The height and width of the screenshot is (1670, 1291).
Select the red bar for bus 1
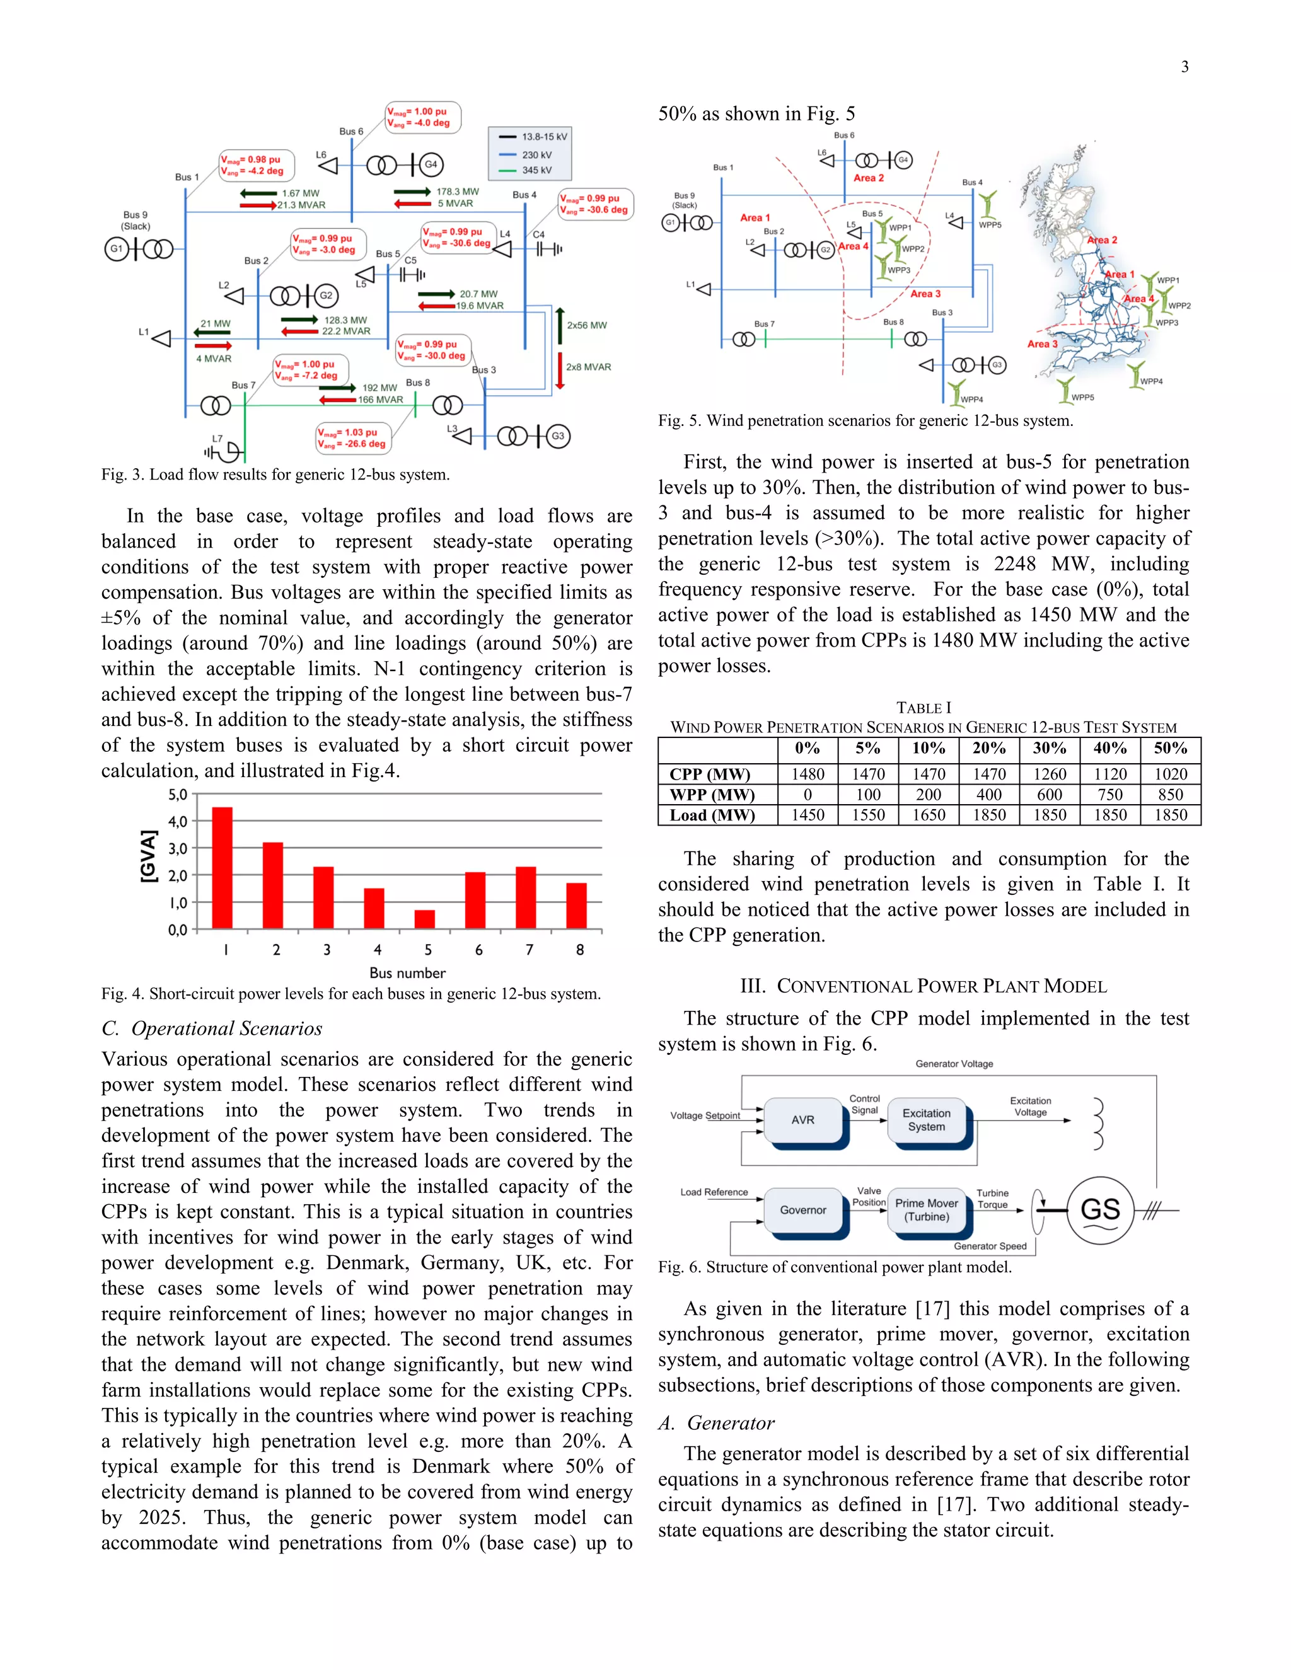[x=222, y=868]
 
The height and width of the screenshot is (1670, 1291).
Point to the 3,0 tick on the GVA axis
[x=177, y=848]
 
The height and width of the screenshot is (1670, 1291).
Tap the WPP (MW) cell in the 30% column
[x=1050, y=795]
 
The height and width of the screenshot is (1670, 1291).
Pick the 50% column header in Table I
[x=1170, y=749]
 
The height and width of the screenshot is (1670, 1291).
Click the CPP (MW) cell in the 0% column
[x=808, y=774]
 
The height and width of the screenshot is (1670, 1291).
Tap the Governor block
[x=803, y=1210]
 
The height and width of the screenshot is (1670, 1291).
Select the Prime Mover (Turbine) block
[x=926, y=1210]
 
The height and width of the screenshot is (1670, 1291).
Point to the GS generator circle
[x=1100, y=1210]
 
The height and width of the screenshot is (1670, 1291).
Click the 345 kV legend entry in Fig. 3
[x=535, y=171]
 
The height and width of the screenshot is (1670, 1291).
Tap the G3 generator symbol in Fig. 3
[x=557, y=436]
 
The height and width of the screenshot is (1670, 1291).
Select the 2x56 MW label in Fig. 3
[x=587, y=325]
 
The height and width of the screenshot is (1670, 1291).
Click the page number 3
[x=1184, y=67]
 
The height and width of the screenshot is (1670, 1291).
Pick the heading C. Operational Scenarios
[x=212, y=1028]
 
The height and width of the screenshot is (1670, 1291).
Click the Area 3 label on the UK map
[x=1041, y=344]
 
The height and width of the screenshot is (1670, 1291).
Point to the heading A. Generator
[x=717, y=1423]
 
